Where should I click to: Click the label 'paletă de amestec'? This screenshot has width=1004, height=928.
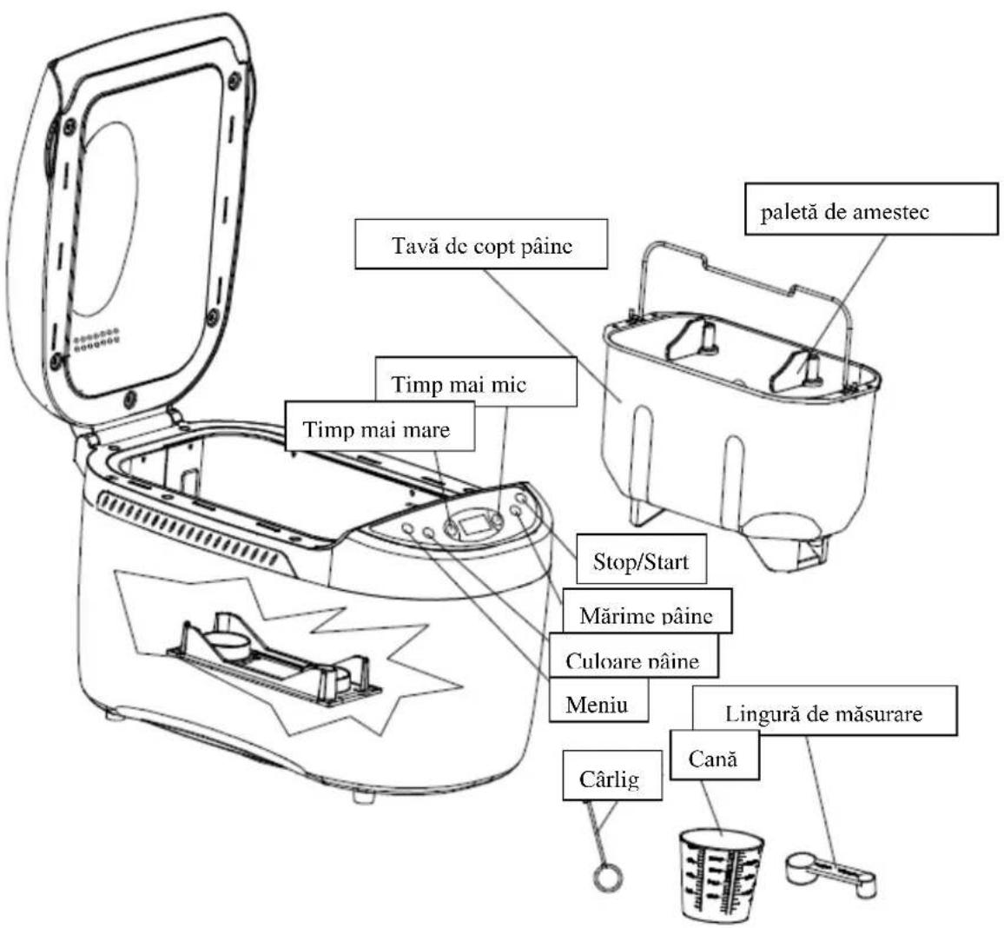pyautogui.click(x=871, y=209)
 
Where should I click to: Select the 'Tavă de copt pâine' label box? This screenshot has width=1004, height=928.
pyautogui.click(x=481, y=244)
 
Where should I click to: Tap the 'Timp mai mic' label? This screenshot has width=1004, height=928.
pyautogui.click(x=476, y=381)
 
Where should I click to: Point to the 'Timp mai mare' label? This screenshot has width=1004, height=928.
pyautogui.click(x=380, y=427)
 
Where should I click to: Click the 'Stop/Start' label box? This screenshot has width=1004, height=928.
pyautogui.click(x=642, y=559)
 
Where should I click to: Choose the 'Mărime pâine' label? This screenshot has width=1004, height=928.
pyautogui.click(x=647, y=610)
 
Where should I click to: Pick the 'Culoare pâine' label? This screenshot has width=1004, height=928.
pyautogui.click(x=632, y=655)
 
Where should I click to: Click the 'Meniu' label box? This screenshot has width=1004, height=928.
pyautogui.click(x=598, y=699)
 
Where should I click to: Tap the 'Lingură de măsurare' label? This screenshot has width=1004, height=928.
pyautogui.click(x=825, y=711)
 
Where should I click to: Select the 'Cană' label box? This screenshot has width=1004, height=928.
pyautogui.click(x=715, y=755)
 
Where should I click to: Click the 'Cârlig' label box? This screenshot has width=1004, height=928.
pyautogui.click(x=612, y=776)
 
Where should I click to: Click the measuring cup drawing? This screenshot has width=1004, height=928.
pyautogui.click(x=720, y=874)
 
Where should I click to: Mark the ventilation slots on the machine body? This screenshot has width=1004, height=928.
pyautogui.click(x=188, y=527)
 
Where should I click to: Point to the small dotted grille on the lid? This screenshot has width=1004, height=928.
pyautogui.click(x=96, y=340)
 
